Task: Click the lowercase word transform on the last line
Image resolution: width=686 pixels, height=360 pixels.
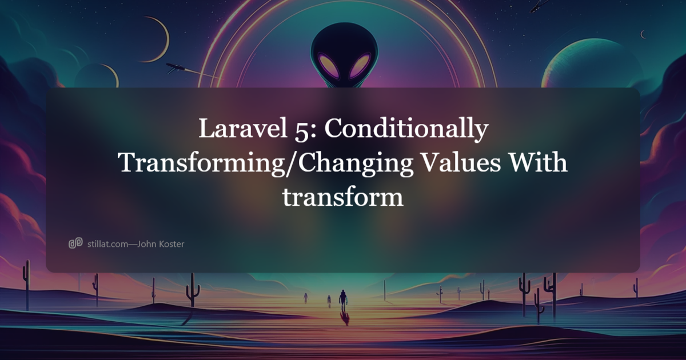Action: (343, 198)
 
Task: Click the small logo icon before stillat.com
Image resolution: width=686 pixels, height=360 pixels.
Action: (75, 244)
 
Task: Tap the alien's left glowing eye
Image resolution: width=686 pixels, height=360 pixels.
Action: (329, 66)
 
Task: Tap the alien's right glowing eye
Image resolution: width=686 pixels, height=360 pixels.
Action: (361, 66)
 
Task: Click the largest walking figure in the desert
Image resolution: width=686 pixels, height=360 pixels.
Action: (343, 299)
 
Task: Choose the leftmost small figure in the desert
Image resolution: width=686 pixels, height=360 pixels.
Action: (305, 297)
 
